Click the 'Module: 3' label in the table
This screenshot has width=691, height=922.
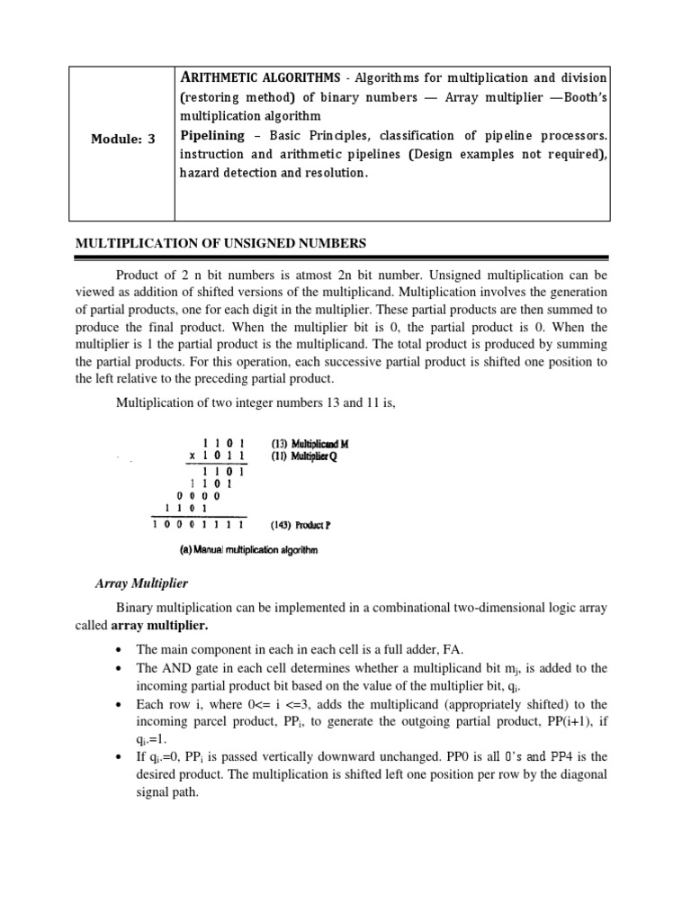(122, 139)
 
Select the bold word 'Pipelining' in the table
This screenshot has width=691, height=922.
(211, 135)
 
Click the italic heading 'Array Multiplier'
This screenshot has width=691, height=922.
(141, 583)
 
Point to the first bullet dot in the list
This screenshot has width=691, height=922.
(120, 650)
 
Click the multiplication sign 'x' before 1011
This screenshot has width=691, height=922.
(193, 456)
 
